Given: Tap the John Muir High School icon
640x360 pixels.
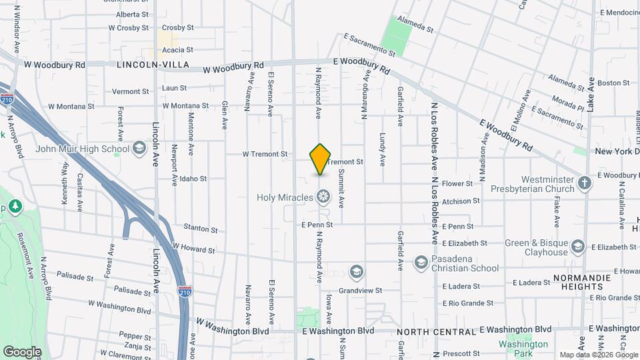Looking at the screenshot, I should pyautogui.click(x=139, y=148).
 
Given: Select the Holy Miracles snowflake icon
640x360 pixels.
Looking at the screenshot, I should pyautogui.click(x=323, y=197).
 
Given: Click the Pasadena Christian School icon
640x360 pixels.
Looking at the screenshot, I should pyautogui.click(x=421, y=262).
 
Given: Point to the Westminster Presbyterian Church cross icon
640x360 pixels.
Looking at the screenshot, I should pyautogui.click(x=585, y=183).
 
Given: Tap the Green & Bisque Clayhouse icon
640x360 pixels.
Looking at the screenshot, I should pyautogui.click(x=578, y=248).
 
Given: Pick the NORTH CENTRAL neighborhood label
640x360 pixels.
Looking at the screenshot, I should pyautogui.click(x=437, y=331).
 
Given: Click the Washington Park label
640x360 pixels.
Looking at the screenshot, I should pyautogui.click(x=523, y=345).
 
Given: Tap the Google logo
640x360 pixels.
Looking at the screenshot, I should pyautogui.click(x=22, y=351).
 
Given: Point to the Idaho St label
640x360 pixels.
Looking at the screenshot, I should pyautogui.click(x=193, y=179).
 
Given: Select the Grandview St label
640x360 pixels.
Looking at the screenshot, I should pyautogui.click(x=360, y=290).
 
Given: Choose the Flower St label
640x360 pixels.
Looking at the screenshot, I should pyautogui.click(x=457, y=183).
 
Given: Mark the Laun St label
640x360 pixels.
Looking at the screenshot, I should pyautogui.click(x=174, y=88).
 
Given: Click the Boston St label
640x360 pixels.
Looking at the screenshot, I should pyautogui.click(x=613, y=83).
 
